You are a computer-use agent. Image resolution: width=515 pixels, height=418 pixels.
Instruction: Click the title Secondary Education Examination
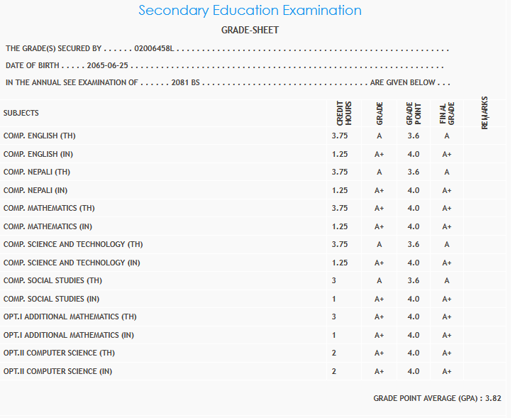tap(250, 11)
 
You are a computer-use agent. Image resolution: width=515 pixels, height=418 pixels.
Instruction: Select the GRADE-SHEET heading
tap(250, 31)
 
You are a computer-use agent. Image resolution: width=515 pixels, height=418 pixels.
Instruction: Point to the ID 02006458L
tap(155, 49)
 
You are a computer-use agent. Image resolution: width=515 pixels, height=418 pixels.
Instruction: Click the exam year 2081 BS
tap(187, 83)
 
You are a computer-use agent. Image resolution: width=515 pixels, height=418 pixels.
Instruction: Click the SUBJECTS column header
tap(21, 114)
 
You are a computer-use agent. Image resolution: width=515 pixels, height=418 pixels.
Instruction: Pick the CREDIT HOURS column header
tap(340, 114)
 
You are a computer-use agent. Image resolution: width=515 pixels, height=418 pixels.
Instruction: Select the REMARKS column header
tap(484, 113)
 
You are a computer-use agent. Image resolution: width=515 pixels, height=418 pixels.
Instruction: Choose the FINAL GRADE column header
tap(446, 114)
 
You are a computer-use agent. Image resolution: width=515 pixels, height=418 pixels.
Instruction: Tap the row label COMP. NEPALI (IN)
tap(37, 190)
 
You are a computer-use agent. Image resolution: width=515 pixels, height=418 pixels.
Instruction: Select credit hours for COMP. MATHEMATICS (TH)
tap(340, 209)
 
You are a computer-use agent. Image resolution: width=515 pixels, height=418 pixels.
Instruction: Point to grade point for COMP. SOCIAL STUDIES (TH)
tap(414, 281)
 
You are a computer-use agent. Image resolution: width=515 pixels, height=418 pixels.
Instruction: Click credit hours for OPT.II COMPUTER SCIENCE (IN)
tap(334, 372)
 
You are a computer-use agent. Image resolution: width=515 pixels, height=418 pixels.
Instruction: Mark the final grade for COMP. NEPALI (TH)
tap(447, 172)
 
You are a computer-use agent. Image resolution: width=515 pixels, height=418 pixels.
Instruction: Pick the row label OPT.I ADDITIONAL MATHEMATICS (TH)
tap(70, 317)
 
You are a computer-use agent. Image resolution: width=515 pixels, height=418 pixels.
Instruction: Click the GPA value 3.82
tap(493, 399)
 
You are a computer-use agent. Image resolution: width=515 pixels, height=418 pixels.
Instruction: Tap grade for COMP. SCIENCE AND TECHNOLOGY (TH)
tap(380, 245)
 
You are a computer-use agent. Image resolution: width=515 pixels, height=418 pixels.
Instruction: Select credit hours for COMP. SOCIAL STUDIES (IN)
tap(334, 299)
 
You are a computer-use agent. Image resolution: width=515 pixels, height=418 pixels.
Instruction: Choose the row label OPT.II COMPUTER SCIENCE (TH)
tap(59, 353)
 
